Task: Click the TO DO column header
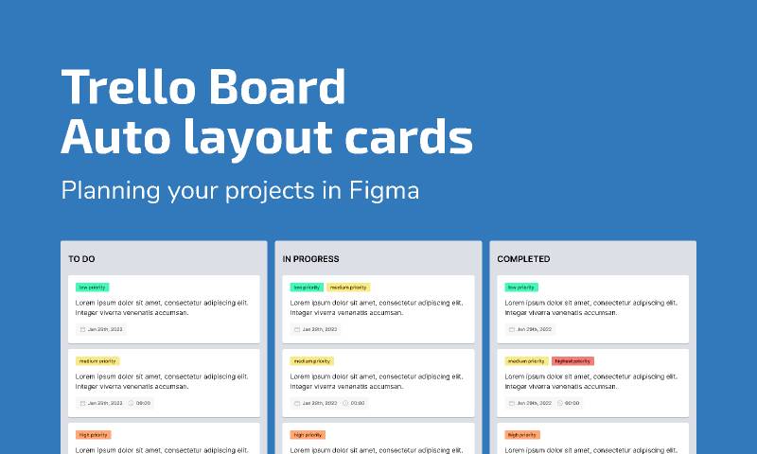click(x=81, y=258)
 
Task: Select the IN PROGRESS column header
click(x=310, y=258)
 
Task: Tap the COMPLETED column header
click(x=523, y=258)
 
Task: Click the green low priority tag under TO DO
click(x=92, y=288)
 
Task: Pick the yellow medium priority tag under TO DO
click(x=97, y=361)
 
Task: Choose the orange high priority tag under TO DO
click(x=93, y=435)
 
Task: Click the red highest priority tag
click(x=572, y=361)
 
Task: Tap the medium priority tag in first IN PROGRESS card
click(x=348, y=288)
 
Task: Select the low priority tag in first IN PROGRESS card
click(x=307, y=288)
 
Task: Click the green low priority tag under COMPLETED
click(x=521, y=288)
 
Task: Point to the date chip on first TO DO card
click(x=101, y=329)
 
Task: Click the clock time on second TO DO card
click(x=140, y=403)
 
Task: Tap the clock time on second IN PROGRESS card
click(x=354, y=403)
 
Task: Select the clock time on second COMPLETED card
click(x=569, y=403)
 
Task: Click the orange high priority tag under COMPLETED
click(x=522, y=435)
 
